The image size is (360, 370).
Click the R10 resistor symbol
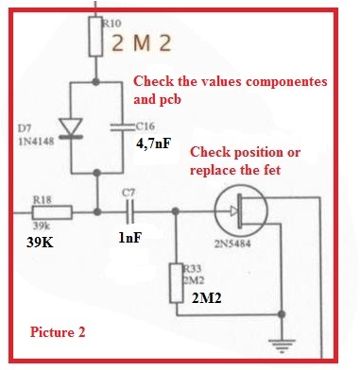click(x=95, y=37)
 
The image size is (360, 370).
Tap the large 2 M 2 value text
click(x=142, y=43)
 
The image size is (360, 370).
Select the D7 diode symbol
click(x=71, y=128)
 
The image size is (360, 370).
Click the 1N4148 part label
click(x=36, y=142)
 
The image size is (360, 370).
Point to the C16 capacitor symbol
click(x=123, y=126)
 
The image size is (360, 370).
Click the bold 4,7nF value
click(x=154, y=143)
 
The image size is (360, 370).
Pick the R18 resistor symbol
click(x=52, y=212)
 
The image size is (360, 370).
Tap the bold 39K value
click(x=40, y=243)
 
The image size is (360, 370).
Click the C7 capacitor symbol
click(x=130, y=211)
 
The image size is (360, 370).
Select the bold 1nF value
click(x=129, y=238)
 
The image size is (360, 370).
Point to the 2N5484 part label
click(x=232, y=244)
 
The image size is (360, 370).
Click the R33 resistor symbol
click(x=177, y=283)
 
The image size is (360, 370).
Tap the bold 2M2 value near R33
click(x=207, y=298)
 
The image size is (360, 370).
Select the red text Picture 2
click(x=58, y=332)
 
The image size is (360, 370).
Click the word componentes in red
click(x=286, y=82)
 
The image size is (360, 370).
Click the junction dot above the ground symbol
click(x=282, y=314)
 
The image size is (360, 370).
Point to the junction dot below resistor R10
click(x=95, y=82)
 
